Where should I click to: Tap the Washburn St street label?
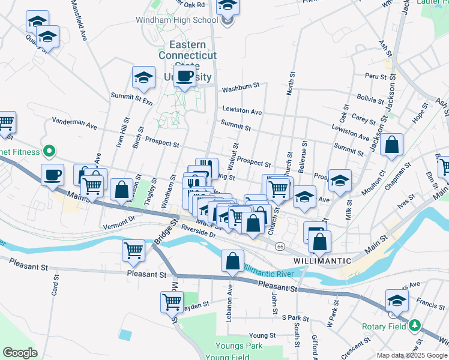(x=241, y=88)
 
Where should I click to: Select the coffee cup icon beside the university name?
(x=184, y=76)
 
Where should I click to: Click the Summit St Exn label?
(x=132, y=98)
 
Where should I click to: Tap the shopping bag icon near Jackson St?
(x=391, y=145)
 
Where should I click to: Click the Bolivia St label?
(x=369, y=98)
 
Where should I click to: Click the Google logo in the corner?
(x=20, y=352)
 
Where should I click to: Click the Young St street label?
(x=262, y=335)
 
